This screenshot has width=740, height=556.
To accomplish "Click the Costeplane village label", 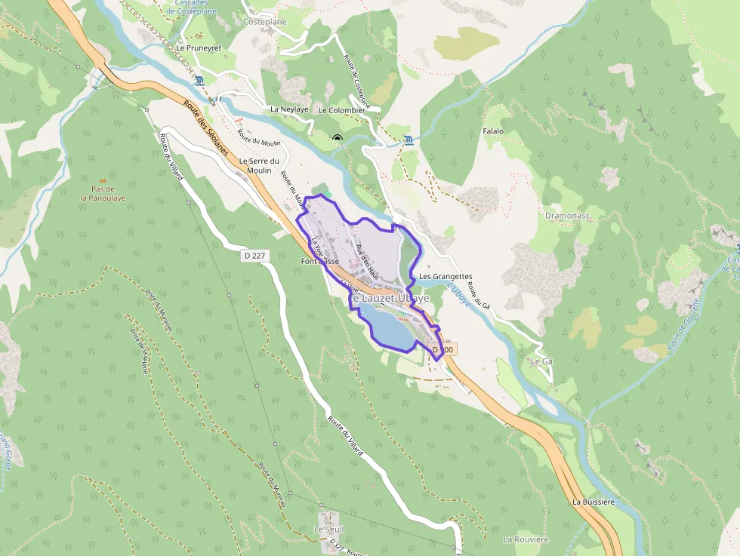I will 266,22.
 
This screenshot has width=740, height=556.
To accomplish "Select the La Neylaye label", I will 289,109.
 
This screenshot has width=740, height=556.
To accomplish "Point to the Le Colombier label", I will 342,110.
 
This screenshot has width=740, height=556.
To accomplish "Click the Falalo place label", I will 492,131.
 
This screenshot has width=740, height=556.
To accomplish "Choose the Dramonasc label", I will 567,215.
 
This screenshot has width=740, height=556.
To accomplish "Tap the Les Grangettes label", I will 446,276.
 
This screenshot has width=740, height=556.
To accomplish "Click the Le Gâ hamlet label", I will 541,361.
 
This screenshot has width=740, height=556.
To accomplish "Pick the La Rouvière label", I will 526,539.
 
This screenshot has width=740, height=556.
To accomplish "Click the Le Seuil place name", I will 329,530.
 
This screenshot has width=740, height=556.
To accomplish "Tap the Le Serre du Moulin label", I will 259,165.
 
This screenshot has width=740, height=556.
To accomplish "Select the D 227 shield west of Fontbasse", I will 255,256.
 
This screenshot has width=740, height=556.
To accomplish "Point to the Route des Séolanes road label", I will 202,127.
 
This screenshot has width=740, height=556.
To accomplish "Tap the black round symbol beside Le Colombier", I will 337,137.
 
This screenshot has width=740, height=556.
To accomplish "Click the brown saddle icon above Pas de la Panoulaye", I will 103,180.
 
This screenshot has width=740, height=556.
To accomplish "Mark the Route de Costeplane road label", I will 357,81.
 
